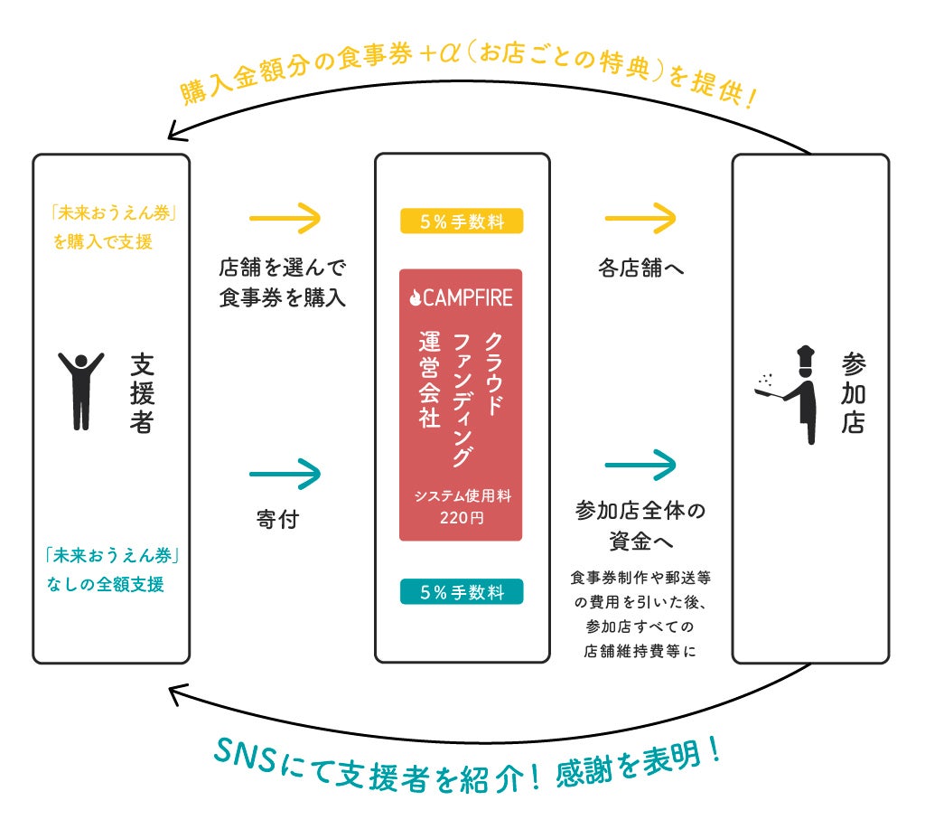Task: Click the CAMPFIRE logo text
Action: [x=461, y=297]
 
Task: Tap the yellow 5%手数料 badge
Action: [x=461, y=221]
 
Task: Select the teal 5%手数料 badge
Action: [x=461, y=592]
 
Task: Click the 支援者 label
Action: [x=143, y=393]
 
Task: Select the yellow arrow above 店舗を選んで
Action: [x=285, y=218]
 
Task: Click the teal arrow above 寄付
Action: [x=285, y=471]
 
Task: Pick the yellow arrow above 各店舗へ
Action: [x=640, y=218]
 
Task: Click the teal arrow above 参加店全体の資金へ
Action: [x=640, y=466]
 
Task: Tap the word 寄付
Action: [x=278, y=521]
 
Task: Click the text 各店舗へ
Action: [x=640, y=268]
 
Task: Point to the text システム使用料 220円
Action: [x=461, y=506]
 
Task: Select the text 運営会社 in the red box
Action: [x=428, y=380]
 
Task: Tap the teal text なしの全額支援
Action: [x=106, y=585]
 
